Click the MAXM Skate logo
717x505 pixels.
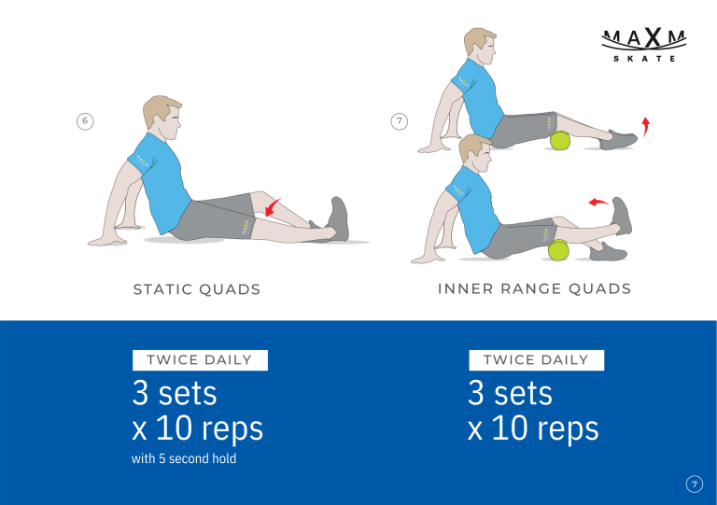[644, 45]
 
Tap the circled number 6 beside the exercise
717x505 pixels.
[85, 121]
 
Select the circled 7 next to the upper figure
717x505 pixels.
[400, 121]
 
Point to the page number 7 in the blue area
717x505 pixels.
[695, 484]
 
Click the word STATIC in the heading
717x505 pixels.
[162, 289]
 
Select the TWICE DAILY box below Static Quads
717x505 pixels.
[200, 360]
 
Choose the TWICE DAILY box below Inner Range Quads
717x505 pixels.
[537, 360]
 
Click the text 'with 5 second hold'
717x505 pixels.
[184, 458]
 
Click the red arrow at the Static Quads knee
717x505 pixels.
[273, 207]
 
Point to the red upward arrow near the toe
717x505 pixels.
[645, 126]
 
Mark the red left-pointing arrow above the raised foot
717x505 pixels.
[598, 202]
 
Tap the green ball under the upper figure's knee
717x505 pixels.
[560, 140]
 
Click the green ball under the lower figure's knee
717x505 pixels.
[558, 250]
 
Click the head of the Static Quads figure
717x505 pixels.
[162, 117]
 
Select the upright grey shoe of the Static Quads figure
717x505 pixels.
[339, 219]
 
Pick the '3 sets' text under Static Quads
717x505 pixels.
[175, 393]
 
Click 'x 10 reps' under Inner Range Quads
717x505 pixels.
[533, 428]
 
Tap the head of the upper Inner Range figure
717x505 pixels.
[480, 47]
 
